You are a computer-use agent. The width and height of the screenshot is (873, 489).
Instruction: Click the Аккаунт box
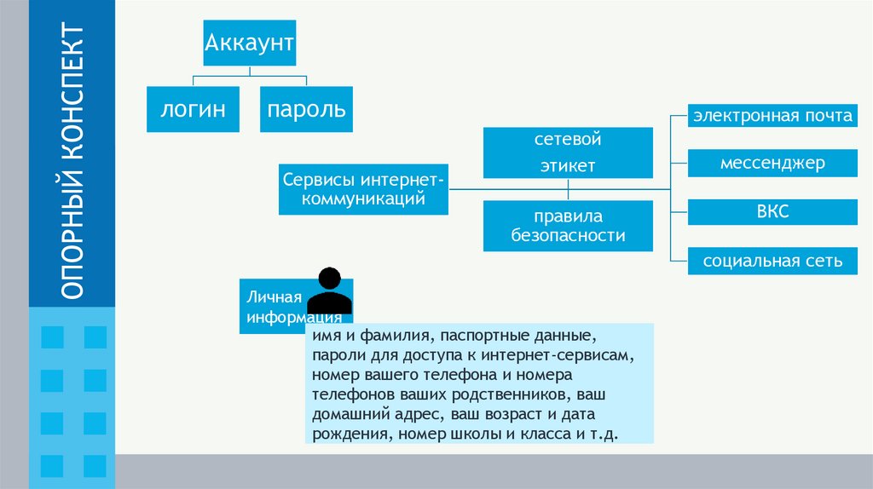(x=249, y=43)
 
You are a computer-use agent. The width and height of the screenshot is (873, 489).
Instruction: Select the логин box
(x=194, y=109)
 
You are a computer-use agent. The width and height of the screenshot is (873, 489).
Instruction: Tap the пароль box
(x=306, y=109)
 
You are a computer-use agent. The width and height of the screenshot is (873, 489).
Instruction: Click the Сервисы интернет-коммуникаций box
(x=362, y=190)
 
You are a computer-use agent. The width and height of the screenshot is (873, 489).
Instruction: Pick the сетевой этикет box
(x=568, y=152)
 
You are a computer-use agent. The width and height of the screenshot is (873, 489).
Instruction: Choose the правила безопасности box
(x=568, y=226)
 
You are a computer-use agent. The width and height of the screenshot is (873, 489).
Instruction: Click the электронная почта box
(x=772, y=116)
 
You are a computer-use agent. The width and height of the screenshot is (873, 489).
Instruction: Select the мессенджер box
(x=772, y=162)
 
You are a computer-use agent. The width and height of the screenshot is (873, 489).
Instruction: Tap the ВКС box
(x=772, y=211)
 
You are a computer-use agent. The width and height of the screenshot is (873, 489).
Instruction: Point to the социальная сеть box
(x=772, y=261)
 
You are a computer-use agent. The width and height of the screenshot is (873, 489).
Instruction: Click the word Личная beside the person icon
(x=275, y=296)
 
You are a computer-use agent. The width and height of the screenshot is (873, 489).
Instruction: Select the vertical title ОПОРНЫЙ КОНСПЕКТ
(x=72, y=162)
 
